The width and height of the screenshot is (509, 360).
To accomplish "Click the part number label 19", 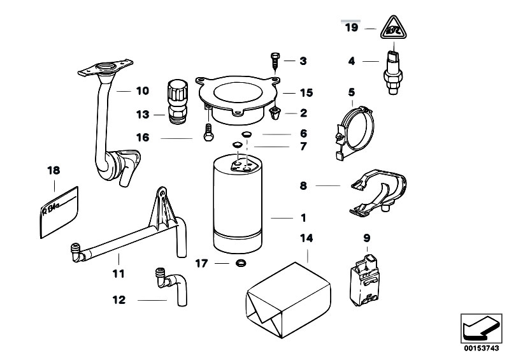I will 352,27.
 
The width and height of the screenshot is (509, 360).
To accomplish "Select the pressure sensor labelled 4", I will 396,67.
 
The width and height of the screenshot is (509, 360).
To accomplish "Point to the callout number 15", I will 306,93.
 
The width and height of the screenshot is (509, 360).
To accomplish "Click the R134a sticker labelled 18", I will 61,212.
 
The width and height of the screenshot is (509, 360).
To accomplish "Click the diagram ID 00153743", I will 482,349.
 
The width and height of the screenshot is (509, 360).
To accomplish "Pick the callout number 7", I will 303,147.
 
